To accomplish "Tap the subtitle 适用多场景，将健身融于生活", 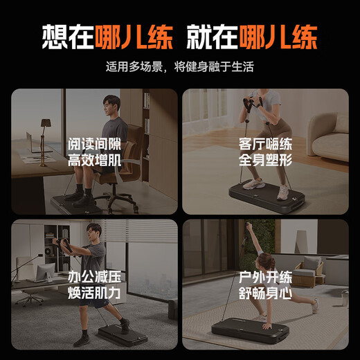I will [x=179, y=67].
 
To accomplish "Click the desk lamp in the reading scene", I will [x=46, y=129].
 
